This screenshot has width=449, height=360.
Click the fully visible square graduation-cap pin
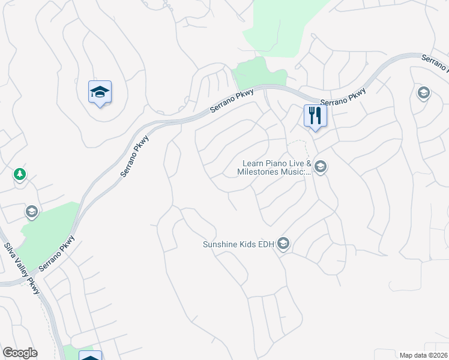pyautogui.click(x=100, y=92)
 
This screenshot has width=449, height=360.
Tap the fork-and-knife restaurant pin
pyautogui.click(x=315, y=115)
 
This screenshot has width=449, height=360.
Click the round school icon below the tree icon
pyautogui.click(x=31, y=211)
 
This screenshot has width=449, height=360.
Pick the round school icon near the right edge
pyautogui.click(x=423, y=93)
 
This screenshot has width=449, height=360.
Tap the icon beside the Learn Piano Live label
pyautogui.click(x=320, y=167)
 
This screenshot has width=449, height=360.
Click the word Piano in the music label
pyautogui.click(x=282, y=163)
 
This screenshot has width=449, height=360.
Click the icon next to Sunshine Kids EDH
pyautogui.click(x=284, y=244)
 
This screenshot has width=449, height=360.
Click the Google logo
pyautogui.click(x=20, y=353)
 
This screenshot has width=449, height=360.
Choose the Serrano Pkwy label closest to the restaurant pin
pyautogui.click(x=343, y=97)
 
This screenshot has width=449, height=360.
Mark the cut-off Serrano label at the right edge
pyautogui.click(x=435, y=62)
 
